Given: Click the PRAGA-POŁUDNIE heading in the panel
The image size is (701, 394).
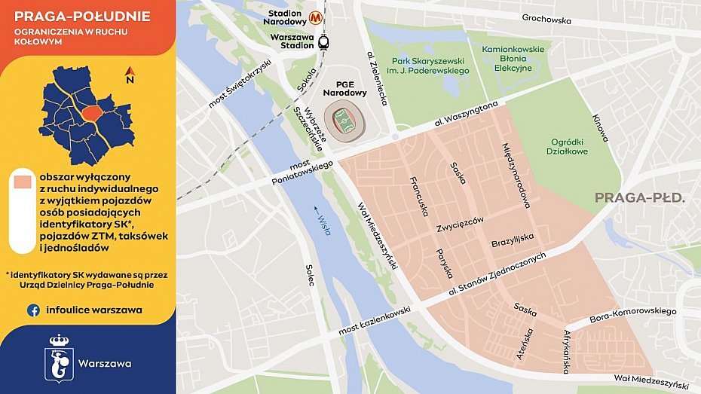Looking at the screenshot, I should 82,17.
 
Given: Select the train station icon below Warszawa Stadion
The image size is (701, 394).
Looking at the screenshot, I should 323,42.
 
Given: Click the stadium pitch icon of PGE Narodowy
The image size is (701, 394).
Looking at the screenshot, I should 345,120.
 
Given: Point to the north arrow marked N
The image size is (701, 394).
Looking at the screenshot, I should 130,75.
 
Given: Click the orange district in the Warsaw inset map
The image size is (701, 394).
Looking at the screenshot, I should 92,113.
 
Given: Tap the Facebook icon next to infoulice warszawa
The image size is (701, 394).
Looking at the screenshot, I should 34,310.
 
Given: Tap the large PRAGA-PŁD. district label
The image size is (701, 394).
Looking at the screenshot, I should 639,198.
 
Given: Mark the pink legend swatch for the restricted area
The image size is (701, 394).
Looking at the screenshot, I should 23,182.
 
